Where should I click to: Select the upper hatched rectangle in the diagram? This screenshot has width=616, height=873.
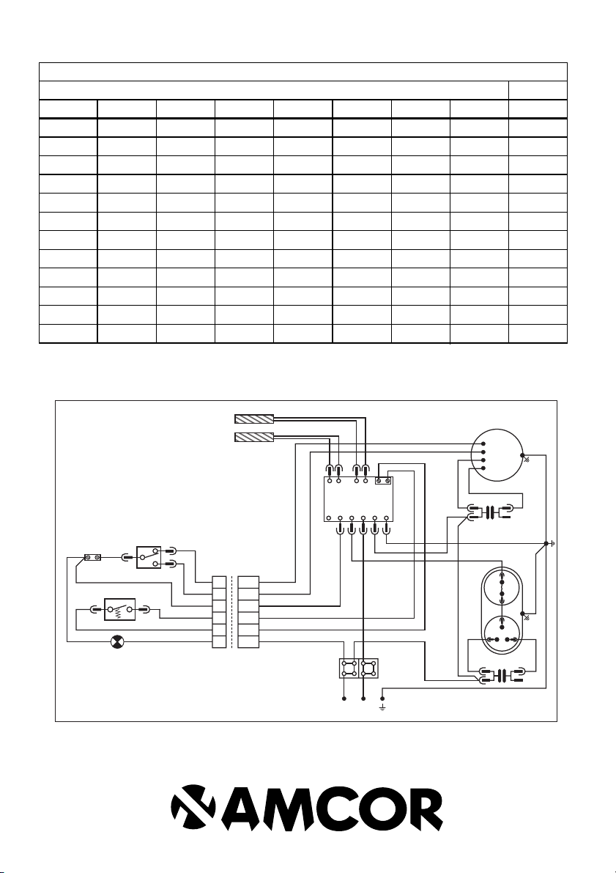click(x=253, y=419)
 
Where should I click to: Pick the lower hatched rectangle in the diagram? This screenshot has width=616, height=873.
click(x=253, y=438)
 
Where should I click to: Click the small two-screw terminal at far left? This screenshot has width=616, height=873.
click(x=92, y=558)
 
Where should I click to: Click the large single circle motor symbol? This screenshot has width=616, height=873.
click(x=495, y=455)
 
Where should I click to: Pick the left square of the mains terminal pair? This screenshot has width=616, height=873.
click(x=346, y=668)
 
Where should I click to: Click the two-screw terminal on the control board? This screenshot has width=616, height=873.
click(x=382, y=481)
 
